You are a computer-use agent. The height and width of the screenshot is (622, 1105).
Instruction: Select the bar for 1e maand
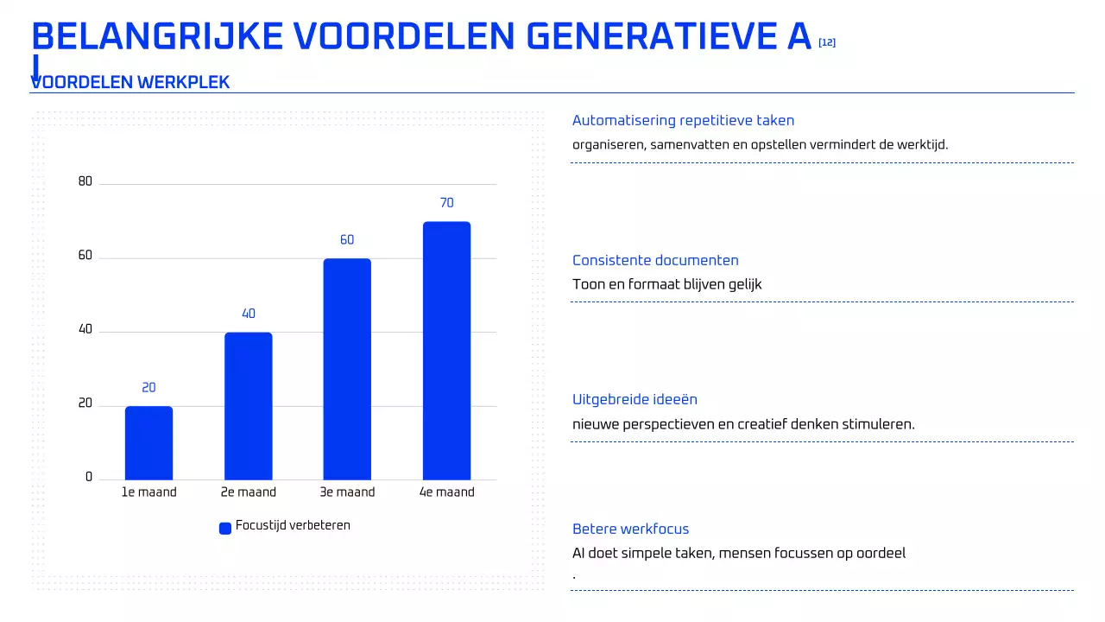tap(148, 442)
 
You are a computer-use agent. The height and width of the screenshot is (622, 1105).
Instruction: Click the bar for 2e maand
tap(248, 406)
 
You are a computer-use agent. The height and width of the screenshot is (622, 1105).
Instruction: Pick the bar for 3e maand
tap(347, 369)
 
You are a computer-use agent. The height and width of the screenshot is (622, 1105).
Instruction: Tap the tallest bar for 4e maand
tap(446, 350)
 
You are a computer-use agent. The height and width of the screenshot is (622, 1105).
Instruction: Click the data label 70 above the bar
tap(446, 203)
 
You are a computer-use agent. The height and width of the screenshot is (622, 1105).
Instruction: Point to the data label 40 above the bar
tap(249, 314)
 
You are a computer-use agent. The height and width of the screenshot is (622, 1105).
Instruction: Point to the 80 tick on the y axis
tap(85, 181)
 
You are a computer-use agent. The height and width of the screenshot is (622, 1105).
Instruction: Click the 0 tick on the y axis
tap(89, 477)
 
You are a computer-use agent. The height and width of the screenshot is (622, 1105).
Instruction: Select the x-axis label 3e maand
tap(347, 492)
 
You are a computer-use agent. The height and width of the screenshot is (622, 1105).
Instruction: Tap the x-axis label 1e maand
tap(148, 492)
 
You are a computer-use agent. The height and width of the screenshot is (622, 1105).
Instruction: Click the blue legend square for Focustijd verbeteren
tap(225, 528)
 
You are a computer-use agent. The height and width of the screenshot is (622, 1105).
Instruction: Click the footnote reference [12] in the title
tap(826, 42)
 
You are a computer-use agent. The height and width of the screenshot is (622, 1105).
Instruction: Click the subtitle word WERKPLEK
tap(183, 83)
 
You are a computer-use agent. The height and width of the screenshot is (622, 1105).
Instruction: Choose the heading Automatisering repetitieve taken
tap(683, 121)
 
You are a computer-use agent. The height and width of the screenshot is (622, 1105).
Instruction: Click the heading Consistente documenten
tap(655, 260)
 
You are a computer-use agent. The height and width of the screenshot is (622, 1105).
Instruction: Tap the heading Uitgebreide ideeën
tap(635, 399)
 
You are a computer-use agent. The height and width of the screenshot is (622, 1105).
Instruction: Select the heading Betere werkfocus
tap(630, 529)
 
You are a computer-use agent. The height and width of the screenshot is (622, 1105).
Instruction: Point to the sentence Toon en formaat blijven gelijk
tap(666, 284)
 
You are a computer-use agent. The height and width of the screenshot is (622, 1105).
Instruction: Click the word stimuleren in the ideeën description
tap(879, 424)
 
